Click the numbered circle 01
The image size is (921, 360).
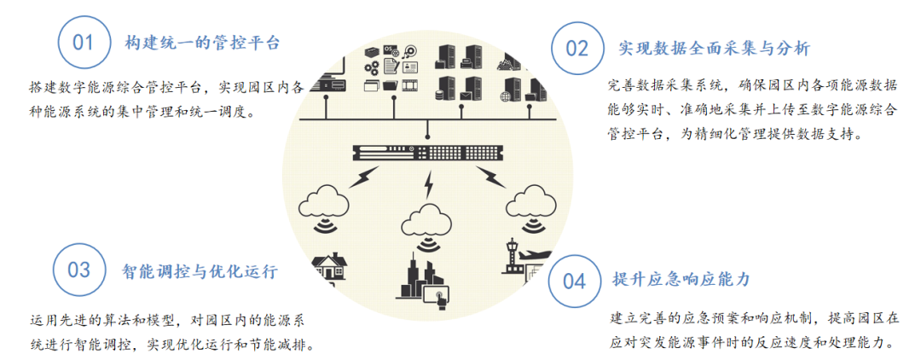click(84, 42)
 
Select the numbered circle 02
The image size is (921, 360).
click(577, 48)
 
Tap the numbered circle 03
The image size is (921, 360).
click(79, 270)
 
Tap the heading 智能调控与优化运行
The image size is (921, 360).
click(200, 272)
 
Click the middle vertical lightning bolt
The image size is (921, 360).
click(430, 185)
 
